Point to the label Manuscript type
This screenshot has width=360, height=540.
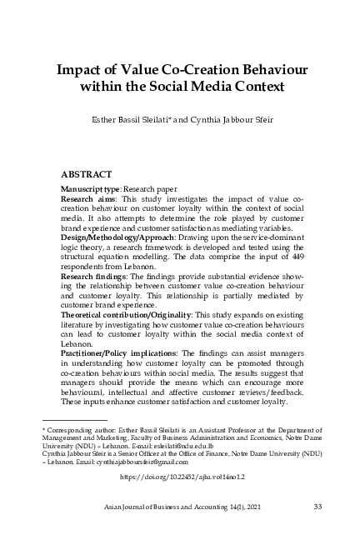click(x=90, y=191)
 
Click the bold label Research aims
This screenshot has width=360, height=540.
click(x=89, y=201)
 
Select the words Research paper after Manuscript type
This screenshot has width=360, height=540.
click(x=150, y=191)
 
